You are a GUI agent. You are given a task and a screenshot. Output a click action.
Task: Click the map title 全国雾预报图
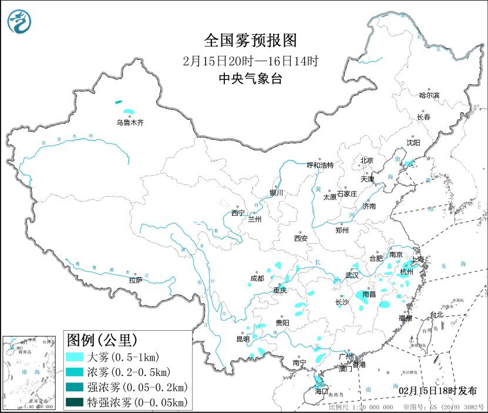251,40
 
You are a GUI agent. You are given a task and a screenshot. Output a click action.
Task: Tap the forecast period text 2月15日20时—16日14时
251,61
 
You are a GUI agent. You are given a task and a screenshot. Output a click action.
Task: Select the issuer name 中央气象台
251,79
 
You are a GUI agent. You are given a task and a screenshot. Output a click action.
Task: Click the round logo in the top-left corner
19,22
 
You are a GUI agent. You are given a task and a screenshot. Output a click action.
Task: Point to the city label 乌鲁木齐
129,123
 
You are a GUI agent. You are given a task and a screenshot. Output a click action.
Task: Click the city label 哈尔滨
429,95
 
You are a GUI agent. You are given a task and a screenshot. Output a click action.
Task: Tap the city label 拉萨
136,280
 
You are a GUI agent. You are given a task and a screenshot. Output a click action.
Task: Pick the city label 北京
366,160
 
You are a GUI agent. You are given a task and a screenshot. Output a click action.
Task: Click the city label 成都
257,278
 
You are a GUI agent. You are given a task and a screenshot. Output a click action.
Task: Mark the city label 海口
321,391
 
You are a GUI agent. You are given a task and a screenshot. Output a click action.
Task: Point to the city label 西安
301,239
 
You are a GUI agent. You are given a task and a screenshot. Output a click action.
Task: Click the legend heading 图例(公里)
102,340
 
